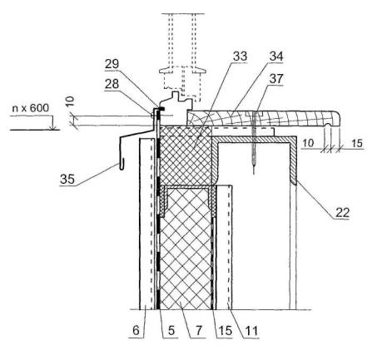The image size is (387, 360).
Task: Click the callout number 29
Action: [112, 64]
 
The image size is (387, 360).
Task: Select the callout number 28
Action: [112, 84]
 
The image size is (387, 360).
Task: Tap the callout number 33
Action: [240, 57]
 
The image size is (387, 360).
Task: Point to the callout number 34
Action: [276, 57]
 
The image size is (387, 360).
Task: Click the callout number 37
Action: [276, 79]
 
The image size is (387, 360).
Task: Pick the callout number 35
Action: [67, 179]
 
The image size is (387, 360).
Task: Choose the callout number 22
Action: [343, 213]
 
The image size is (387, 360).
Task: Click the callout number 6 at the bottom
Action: [136, 330]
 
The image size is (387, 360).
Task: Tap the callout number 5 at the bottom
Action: [171, 330]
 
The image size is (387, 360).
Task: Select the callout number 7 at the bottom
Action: [199, 330]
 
